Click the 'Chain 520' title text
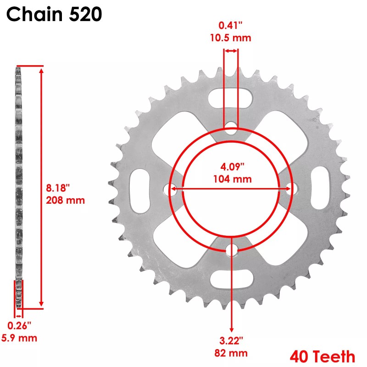(x=54, y=15)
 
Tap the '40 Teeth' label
(x=322, y=356)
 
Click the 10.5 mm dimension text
(x=231, y=38)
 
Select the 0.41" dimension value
(x=231, y=27)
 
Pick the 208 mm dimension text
(x=66, y=200)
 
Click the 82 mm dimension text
(x=231, y=353)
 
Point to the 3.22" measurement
(x=231, y=341)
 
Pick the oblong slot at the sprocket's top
(x=231, y=98)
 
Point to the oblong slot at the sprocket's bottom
(x=231, y=278)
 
